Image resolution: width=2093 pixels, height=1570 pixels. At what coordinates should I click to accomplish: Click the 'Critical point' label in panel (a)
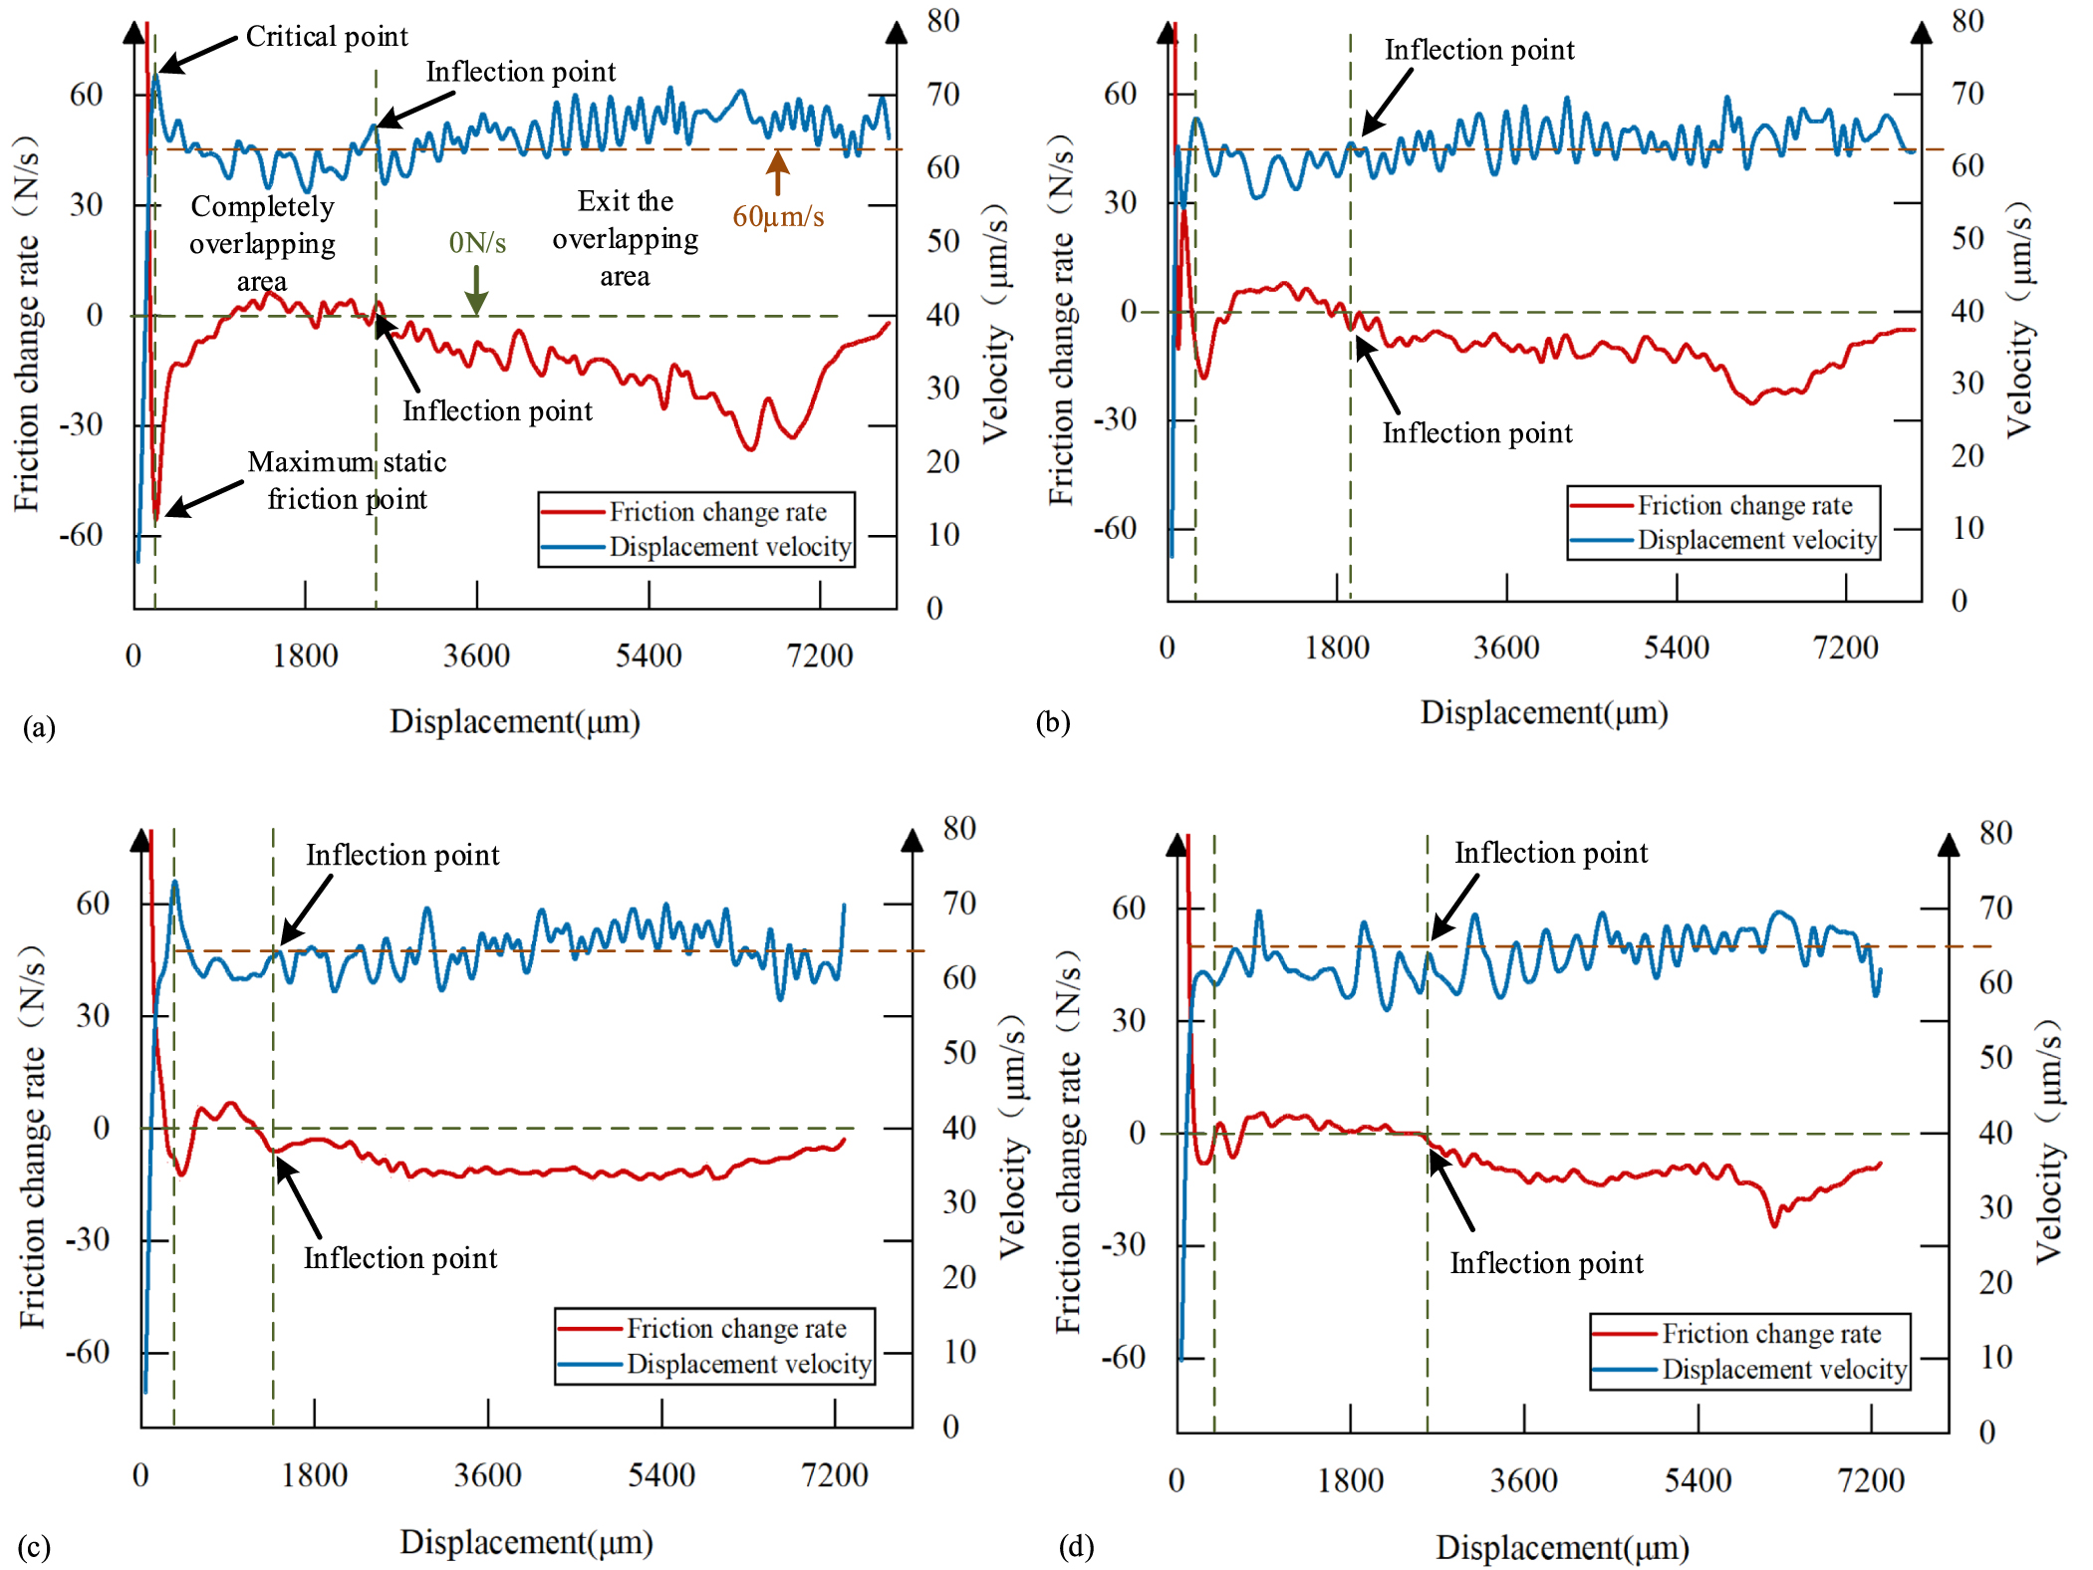point(327,37)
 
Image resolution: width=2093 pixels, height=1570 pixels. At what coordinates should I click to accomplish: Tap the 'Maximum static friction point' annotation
point(347,480)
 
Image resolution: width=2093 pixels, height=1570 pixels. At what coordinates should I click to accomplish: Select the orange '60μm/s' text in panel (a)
point(778,216)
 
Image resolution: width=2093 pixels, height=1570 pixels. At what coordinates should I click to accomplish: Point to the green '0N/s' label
point(477,242)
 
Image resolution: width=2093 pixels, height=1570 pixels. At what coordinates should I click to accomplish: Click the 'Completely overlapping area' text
point(262,243)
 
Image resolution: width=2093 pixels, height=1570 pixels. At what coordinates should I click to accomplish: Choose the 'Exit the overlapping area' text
point(626,238)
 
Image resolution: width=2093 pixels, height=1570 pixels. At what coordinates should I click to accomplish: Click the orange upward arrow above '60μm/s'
point(777,171)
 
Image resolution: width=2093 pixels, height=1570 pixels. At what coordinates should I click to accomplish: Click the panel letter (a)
point(39,727)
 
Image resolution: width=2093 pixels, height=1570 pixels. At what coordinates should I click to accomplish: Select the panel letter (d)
point(1076,1546)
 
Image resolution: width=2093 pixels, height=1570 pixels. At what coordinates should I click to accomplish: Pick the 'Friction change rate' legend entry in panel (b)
point(1743,505)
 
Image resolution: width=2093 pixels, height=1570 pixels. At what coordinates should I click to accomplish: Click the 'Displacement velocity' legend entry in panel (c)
point(748,1363)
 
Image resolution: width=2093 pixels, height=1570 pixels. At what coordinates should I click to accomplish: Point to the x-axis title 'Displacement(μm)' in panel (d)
point(1562,1547)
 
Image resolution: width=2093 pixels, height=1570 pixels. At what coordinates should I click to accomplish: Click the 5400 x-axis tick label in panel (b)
point(1676,648)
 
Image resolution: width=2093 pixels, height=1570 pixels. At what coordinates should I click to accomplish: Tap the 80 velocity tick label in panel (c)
point(959,828)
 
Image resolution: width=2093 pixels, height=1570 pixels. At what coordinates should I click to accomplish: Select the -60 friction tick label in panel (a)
point(82,535)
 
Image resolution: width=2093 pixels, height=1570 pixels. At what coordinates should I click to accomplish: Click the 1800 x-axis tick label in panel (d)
point(1350,1480)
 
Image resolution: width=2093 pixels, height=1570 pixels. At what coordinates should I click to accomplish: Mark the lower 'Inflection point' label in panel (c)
point(400,1258)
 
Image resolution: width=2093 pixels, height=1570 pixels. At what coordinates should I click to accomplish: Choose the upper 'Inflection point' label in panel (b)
point(1479,50)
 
